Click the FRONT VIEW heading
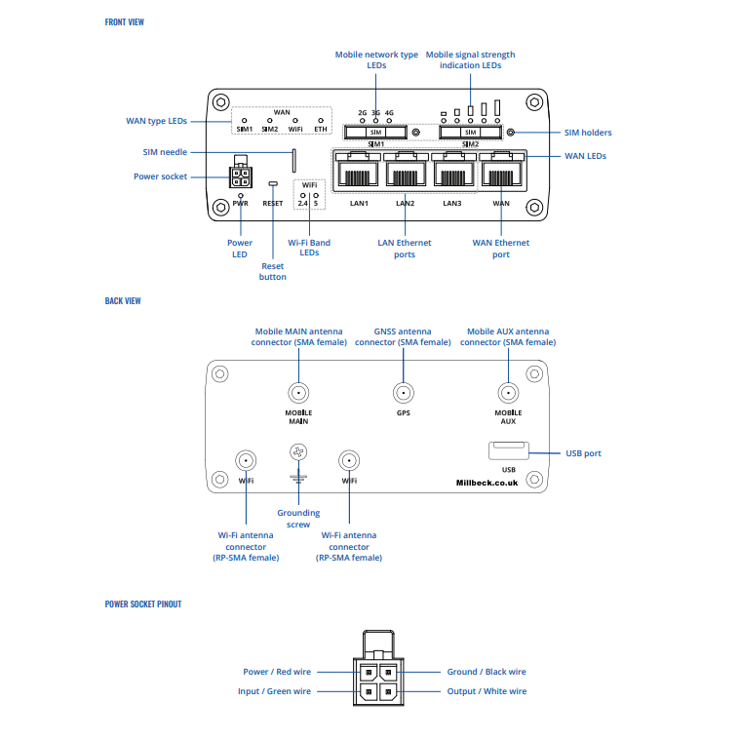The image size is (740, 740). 124,21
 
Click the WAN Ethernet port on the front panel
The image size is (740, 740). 501,173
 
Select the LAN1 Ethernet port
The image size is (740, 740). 358,173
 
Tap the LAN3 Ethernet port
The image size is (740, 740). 453,173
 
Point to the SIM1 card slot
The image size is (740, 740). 375,132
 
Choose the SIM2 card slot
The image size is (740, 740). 470,132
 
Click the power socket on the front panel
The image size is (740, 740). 239,176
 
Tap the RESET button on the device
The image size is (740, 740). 273,183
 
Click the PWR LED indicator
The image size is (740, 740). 241,195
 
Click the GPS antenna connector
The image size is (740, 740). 403,393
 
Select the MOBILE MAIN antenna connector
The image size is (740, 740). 298,393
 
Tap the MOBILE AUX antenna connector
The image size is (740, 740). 508,393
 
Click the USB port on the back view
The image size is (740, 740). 508,449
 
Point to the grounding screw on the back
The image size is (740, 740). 298,452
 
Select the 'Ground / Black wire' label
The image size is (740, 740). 487,672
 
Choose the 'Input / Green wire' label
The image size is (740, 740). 275,691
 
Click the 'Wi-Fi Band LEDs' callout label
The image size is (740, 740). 309,248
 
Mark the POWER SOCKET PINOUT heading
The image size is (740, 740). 143,604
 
